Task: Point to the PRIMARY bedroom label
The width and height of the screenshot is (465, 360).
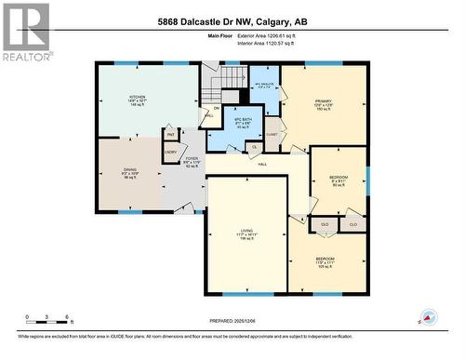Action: click(322, 104)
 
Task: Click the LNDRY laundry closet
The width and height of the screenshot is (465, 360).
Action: click(171, 151)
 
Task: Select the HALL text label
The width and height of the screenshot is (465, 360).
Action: click(250, 165)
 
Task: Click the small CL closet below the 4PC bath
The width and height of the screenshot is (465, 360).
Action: click(254, 147)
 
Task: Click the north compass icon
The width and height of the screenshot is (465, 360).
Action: click(429, 317)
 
